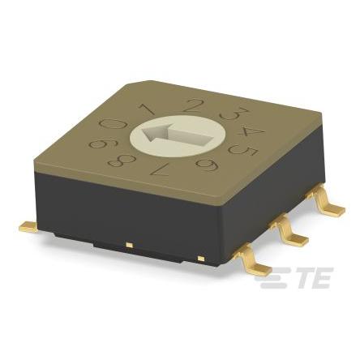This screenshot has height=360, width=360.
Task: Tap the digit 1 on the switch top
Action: click(x=148, y=109)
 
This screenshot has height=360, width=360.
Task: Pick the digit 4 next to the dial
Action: click(x=250, y=132)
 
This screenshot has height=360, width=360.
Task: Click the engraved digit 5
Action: click(x=242, y=152)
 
